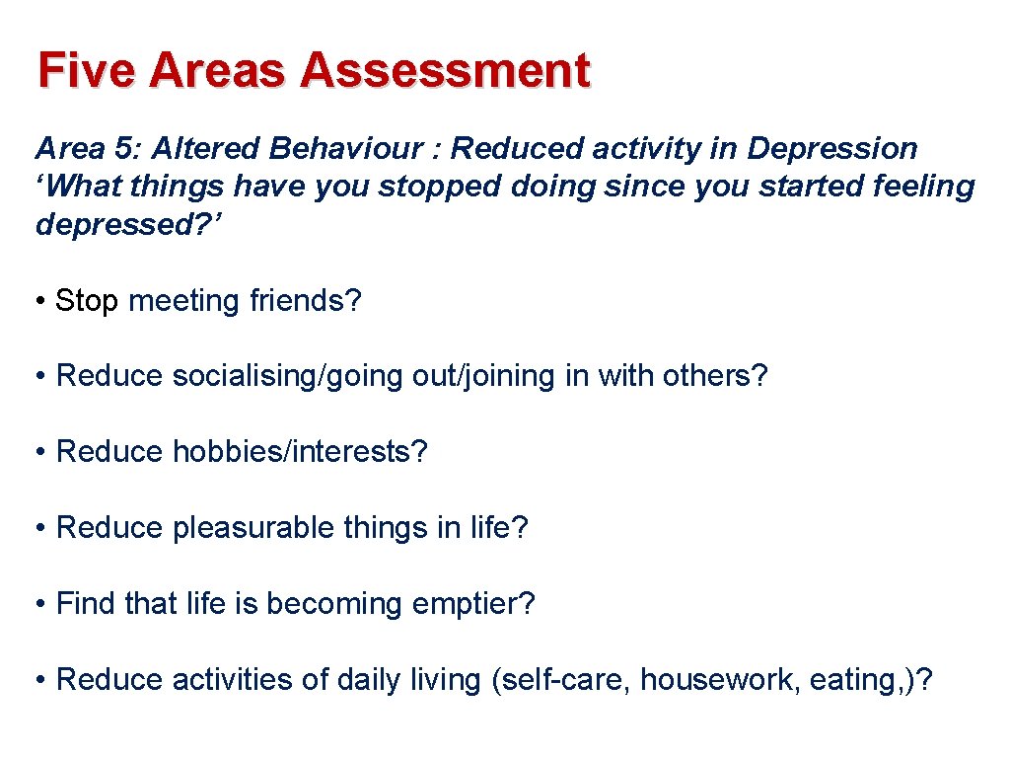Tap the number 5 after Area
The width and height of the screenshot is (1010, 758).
(123, 149)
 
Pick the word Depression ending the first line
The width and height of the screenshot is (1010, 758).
(832, 149)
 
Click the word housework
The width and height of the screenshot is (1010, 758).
(720, 680)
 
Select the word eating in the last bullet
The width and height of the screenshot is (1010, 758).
(851, 680)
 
